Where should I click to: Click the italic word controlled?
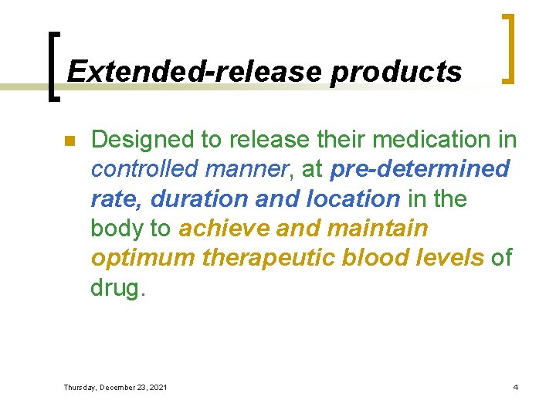pyautogui.click(x=145, y=169)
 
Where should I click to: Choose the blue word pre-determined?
pyautogui.click(x=419, y=169)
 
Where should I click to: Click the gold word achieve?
pyautogui.click(x=223, y=229)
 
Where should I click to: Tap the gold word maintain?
pyautogui.click(x=378, y=229)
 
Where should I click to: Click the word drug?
pyautogui.click(x=116, y=287)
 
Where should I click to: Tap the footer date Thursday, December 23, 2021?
pyautogui.click(x=115, y=387)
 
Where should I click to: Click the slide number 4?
pyautogui.click(x=515, y=386)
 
